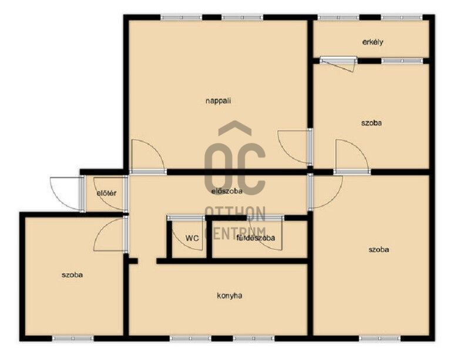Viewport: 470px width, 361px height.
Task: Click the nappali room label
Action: coord(218,101)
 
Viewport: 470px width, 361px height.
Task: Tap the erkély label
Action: coord(372,42)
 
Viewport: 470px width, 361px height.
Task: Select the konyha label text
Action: coord(230,296)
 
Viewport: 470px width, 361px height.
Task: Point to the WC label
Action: coord(192,239)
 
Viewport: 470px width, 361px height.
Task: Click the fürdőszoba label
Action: coord(256,238)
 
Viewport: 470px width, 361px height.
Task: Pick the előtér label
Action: coord(106,193)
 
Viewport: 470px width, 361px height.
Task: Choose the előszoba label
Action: coord(227,191)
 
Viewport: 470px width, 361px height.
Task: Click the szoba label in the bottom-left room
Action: coord(72,275)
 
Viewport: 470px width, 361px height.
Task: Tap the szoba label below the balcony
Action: coord(371,123)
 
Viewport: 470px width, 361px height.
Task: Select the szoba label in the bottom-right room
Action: coord(379,250)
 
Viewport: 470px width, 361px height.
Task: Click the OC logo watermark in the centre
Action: coord(235,159)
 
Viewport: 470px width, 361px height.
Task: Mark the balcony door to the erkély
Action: coord(339,63)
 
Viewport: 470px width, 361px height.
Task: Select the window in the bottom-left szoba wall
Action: coord(73,339)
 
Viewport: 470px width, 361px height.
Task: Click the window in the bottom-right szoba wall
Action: coord(380,339)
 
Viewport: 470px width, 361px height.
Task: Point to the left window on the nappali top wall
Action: coord(182,18)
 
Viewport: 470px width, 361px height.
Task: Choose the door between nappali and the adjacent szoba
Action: coord(296,147)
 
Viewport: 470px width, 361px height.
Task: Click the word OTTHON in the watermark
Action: coord(236,213)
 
